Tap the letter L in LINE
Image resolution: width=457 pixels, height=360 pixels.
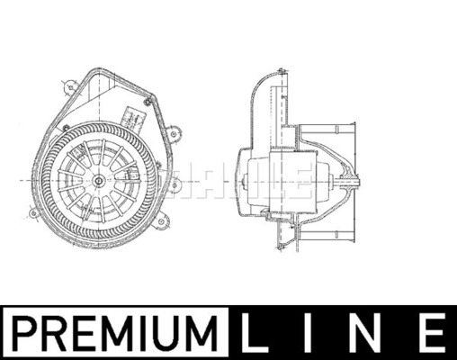pyautogui.click(x=254, y=333)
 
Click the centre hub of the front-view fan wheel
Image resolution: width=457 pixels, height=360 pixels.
pyautogui.click(x=97, y=181)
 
